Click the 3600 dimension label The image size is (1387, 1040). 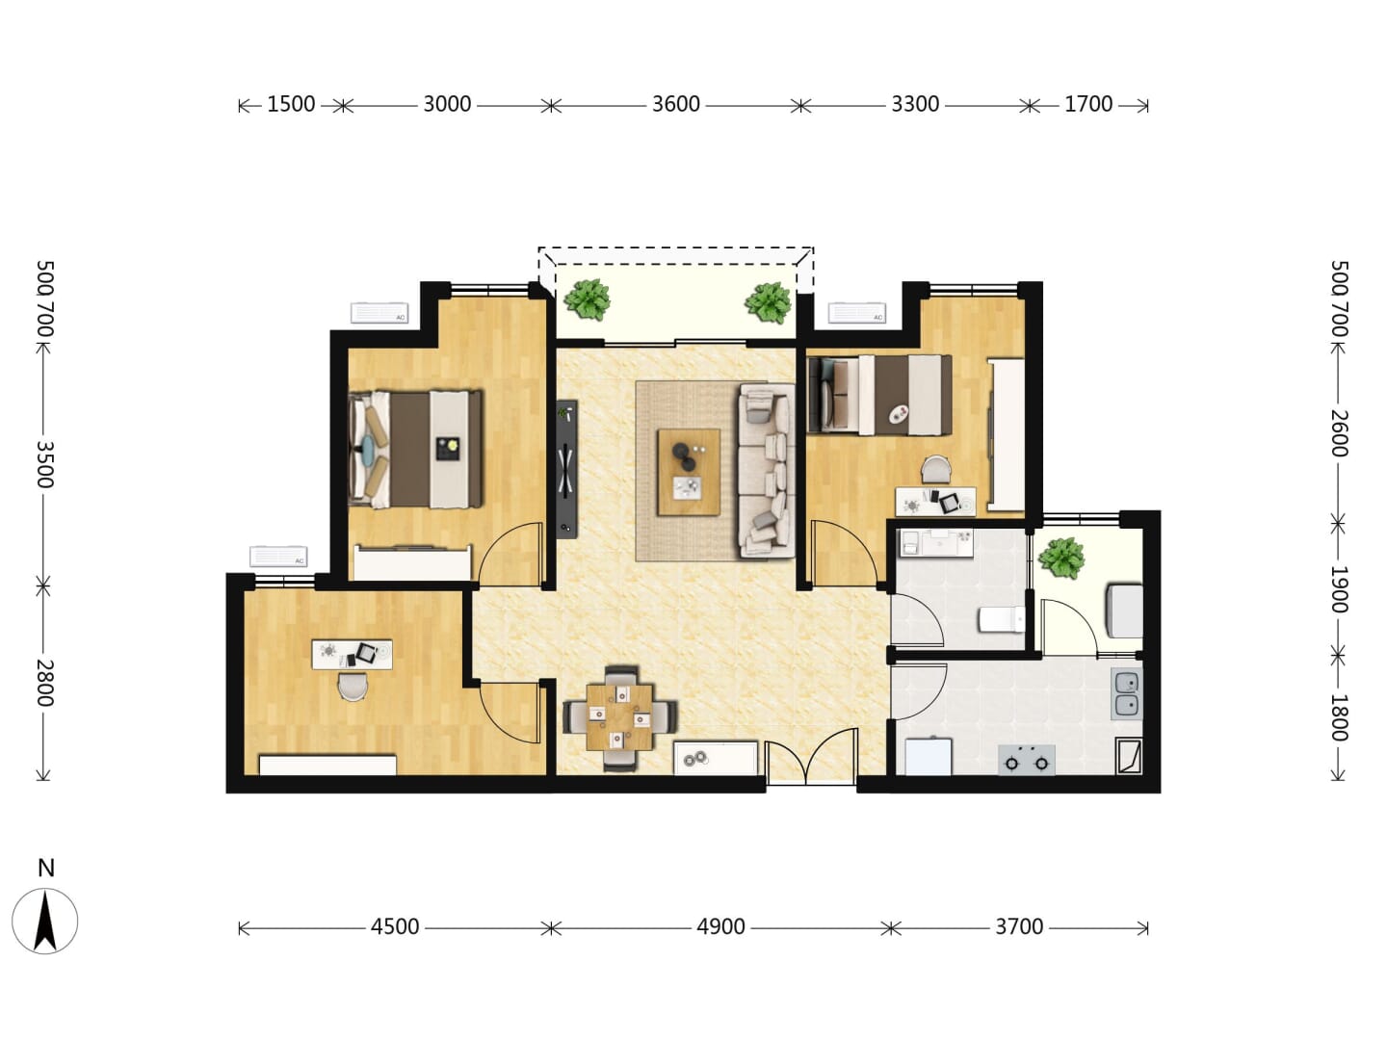tap(675, 104)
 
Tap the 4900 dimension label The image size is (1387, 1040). tap(720, 927)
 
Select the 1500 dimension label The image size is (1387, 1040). tap(291, 104)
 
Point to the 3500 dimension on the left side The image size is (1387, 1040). tap(44, 465)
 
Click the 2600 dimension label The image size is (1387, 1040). tap(1339, 433)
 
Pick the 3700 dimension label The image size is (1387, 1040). tap(1019, 927)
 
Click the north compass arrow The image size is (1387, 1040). tap(45, 922)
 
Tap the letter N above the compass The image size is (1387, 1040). tap(46, 869)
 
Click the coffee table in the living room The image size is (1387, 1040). tap(689, 472)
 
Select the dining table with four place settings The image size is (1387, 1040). tap(619, 717)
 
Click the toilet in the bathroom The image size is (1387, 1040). tap(1002, 619)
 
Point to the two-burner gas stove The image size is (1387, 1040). tap(1027, 760)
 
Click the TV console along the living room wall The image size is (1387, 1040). tap(566, 469)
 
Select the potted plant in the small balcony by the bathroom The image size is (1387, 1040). tap(1061, 558)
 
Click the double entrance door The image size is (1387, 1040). tap(811, 757)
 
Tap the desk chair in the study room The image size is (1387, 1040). tap(352, 687)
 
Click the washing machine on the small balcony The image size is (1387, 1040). tap(1123, 611)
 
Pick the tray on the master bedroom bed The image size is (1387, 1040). tap(448, 449)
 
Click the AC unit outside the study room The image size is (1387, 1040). tap(278, 557)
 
